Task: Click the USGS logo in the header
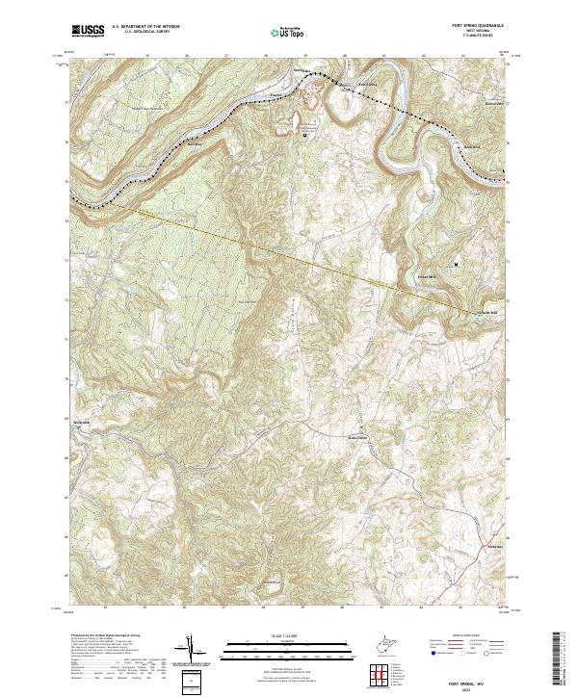point(88,31)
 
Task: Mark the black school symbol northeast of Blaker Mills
point(457,263)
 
